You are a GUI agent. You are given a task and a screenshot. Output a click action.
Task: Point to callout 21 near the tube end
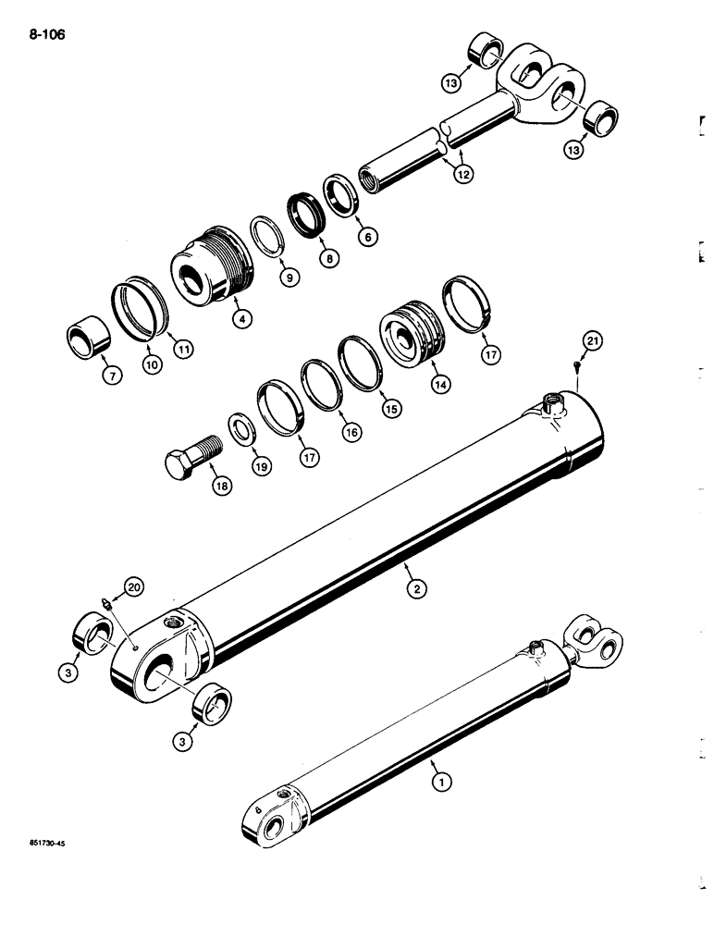point(590,345)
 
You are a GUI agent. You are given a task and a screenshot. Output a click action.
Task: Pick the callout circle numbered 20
point(135,586)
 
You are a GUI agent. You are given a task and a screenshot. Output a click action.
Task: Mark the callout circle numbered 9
point(291,277)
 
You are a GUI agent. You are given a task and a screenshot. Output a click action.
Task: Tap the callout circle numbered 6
point(367,238)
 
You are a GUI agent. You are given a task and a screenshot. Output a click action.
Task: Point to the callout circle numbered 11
point(185,350)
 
